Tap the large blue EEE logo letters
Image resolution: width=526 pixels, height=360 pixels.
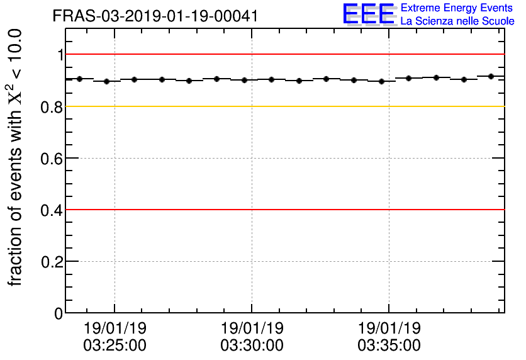point(369,14)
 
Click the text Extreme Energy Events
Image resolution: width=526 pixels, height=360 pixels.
point(457,8)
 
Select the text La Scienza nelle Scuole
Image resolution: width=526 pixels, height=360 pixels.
point(457,21)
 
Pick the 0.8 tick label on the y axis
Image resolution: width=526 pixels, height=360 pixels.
point(52,107)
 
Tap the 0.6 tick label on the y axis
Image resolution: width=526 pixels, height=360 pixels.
point(52,159)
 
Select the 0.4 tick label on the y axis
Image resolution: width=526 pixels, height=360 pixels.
point(52,210)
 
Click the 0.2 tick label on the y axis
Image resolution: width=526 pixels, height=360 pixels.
point(52,262)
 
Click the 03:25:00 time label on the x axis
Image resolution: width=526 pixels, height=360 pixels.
point(115,346)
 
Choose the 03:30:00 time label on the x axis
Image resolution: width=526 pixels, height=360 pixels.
point(252,346)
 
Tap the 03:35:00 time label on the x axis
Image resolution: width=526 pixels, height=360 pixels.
point(389,346)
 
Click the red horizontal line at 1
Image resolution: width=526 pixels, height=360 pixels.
point(283,55)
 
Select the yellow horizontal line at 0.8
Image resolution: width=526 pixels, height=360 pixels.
point(283,106)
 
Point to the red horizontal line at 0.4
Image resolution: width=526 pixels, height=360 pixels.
point(283,210)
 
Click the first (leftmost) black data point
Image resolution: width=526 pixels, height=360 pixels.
point(79,79)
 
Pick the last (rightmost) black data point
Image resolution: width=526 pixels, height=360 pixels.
point(491,76)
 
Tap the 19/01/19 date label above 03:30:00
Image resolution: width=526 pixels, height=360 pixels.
point(252,329)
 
